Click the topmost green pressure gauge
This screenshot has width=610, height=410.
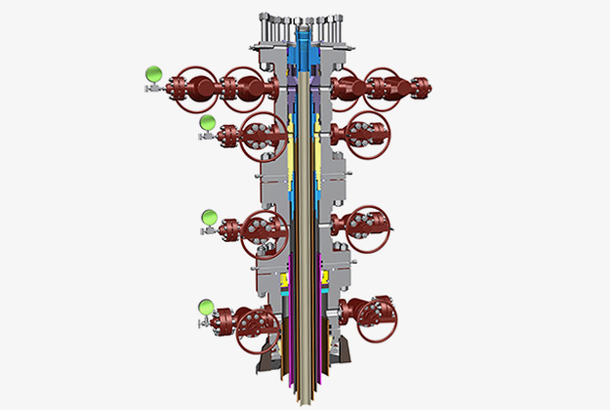click(152, 73)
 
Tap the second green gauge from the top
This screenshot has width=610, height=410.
click(207, 122)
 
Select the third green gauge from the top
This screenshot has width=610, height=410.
click(208, 217)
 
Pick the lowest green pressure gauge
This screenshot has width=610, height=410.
click(205, 307)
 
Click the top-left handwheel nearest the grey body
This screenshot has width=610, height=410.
click(245, 87)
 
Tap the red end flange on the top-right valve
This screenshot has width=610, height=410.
click(422, 88)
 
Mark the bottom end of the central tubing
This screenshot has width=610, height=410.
click(305, 397)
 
